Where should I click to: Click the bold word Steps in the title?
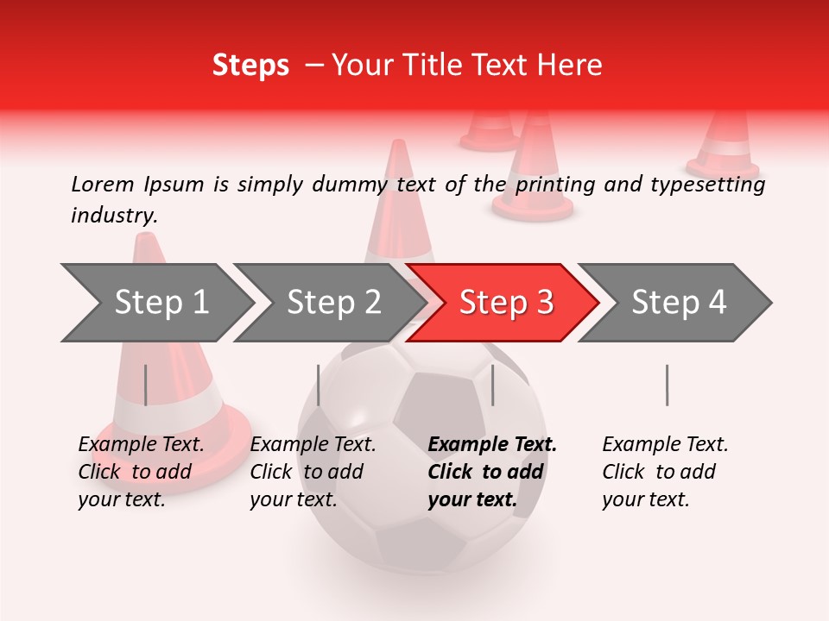click(250, 66)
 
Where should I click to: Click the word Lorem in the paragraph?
click(103, 184)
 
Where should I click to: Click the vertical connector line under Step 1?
click(145, 385)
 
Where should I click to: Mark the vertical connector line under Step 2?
click(319, 385)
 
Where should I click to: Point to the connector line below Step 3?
click(492, 385)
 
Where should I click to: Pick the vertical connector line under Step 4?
click(667, 385)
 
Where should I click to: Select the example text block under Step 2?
click(312, 472)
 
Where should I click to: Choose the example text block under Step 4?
click(664, 472)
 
